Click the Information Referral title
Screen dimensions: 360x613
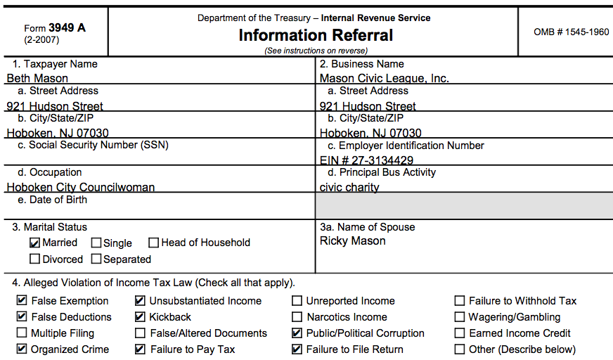[x=316, y=35]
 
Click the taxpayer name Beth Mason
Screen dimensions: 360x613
[x=38, y=79]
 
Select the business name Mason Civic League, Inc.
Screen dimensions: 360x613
[x=384, y=79]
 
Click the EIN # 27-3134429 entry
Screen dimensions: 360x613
[x=366, y=160]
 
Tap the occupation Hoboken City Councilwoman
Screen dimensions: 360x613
[x=81, y=187]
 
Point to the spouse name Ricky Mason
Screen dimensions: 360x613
[x=352, y=241]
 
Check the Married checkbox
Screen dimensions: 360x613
[x=35, y=243]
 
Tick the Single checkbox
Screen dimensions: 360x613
[x=96, y=243]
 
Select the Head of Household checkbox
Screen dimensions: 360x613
[x=154, y=243]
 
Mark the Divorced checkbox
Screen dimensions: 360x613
[x=35, y=259]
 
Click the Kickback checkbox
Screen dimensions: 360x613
[x=140, y=317]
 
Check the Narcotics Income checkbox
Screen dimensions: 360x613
[x=297, y=317]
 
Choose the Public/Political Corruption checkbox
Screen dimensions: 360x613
[x=297, y=333]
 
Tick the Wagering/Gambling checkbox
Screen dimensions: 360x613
[x=460, y=317]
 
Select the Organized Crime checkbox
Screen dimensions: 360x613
[x=22, y=349]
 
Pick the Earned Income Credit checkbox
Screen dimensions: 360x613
[x=460, y=333]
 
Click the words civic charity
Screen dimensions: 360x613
[x=349, y=187]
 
